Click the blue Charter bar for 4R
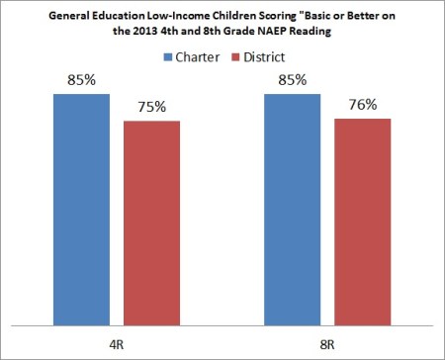point(81,210)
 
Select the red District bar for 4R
point(150,223)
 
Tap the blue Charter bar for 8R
point(293,210)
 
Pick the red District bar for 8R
point(362,222)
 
